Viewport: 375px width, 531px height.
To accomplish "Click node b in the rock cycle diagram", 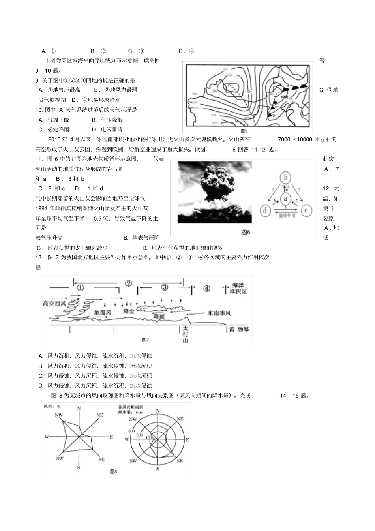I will coord(285,177).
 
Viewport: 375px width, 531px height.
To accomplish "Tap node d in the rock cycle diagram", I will coord(265,210).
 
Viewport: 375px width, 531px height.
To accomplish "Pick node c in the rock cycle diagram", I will coord(306,210).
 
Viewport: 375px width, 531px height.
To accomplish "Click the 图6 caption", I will coord(246,233).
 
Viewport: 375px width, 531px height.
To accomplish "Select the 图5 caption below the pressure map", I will coord(244,131).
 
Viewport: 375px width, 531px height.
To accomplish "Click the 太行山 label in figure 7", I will coord(185,334).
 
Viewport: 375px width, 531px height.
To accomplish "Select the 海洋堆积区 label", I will coord(238,288).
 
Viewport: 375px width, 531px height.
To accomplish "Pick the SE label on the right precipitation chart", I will coord(179,460).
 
